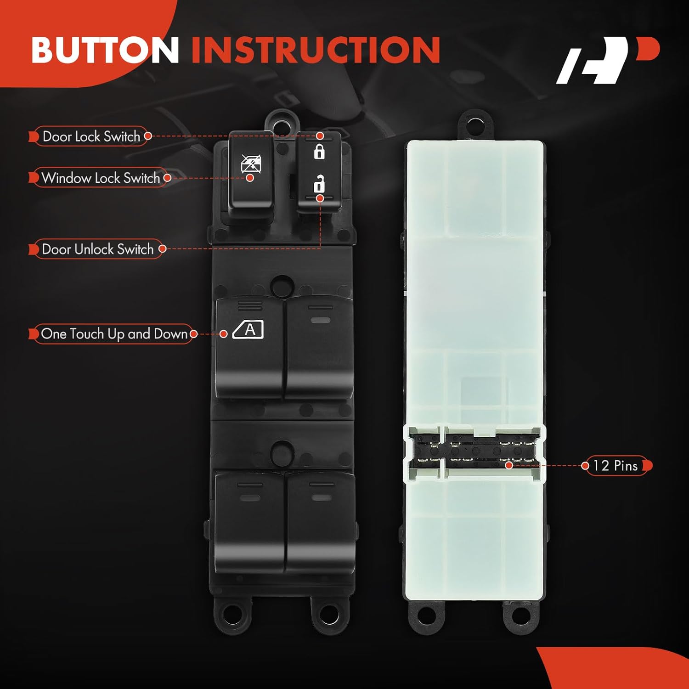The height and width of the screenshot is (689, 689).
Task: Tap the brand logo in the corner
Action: (607, 60)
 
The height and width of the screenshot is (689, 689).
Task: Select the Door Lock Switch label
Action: (91, 136)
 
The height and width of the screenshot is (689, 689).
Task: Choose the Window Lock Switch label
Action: (101, 178)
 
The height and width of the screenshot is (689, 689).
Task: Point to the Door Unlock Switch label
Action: (97, 249)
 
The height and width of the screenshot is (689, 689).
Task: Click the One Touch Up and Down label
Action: (114, 334)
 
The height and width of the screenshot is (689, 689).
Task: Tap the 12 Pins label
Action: (616, 466)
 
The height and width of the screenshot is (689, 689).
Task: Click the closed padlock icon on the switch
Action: (319, 151)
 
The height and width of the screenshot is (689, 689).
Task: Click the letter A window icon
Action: (248, 330)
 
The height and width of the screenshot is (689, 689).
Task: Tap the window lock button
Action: (251, 175)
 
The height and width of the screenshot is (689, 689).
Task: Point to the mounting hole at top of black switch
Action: (282, 123)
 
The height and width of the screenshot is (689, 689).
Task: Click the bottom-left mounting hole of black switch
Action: (233, 614)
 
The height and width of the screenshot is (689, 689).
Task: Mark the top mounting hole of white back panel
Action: (475, 123)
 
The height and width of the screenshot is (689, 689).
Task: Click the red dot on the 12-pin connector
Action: (509, 465)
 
